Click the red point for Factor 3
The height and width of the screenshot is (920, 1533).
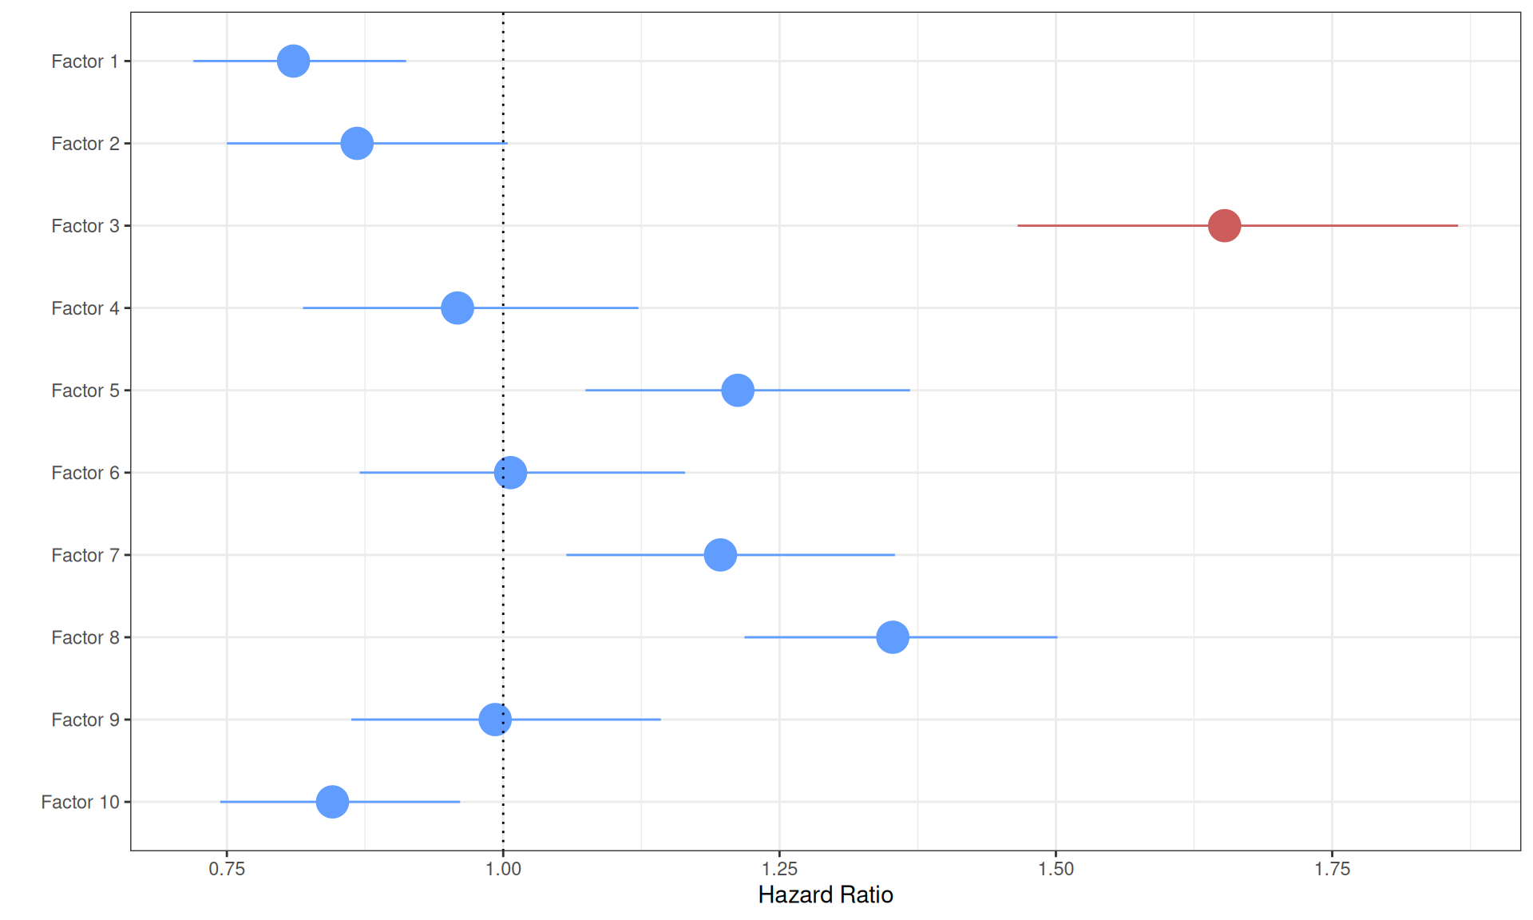tap(1224, 225)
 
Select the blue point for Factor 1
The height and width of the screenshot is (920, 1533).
tap(293, 61)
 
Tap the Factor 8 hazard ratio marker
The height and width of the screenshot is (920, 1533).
tap(892, 636)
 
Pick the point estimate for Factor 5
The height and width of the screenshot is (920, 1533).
tap(737, 390)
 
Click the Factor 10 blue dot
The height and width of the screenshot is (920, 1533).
tap(332, 801)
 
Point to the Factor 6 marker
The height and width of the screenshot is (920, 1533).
tap(510, 472)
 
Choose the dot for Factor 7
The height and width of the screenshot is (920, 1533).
tap(719, 554)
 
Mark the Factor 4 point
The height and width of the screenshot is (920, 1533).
tap(457, 307)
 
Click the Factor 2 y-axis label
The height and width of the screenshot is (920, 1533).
tap(85, 144)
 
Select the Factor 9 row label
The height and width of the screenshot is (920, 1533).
tap(85, 720)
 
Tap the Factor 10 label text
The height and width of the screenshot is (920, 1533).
tap(80, 802)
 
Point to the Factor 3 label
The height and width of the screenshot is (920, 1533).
tap(85, 226)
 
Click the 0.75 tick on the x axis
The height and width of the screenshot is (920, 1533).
tap(227, 869)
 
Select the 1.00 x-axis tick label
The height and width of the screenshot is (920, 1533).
tap(503, 869)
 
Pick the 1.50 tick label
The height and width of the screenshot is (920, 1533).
tap(1056, 869)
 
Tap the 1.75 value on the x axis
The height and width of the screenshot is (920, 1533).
tap(1332, 869)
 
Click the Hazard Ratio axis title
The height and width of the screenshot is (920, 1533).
tap(825, 895)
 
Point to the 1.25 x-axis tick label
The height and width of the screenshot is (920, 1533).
tap(779, 869)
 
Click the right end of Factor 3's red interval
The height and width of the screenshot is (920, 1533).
tap(1457, 225)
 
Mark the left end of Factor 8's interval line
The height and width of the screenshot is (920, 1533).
tap(745, 636)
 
